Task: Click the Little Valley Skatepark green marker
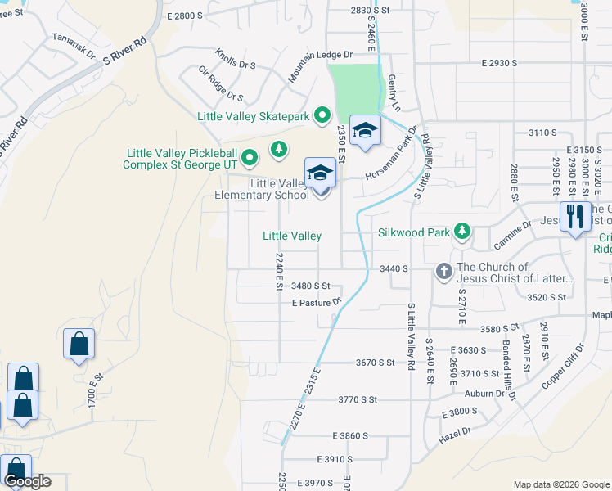[322, 116]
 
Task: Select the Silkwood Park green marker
[462, 232]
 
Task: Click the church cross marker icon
[444, 271]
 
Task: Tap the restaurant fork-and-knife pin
[575, 217]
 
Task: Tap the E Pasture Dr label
[316, 303]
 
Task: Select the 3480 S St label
[311, 286]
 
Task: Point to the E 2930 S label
[500, 63]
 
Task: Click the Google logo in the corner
[27, 481]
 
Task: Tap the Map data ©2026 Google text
[561, 484]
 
